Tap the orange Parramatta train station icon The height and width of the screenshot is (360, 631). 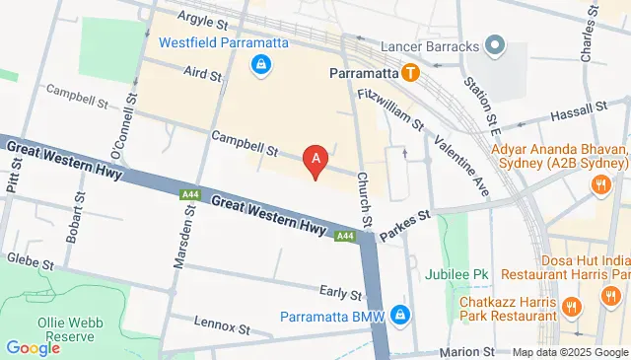(410, 72)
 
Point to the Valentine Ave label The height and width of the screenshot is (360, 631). (464, 162)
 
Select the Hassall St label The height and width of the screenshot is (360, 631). (578, 110)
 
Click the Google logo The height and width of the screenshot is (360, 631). (33, 347)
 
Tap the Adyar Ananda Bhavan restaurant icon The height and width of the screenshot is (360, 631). (598, 183)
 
